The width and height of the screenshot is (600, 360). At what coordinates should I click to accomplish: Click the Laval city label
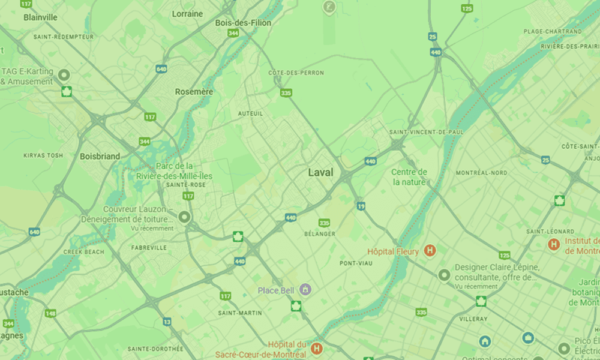coord(320,172)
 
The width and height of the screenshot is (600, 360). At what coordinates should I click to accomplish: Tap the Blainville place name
coord(41,17)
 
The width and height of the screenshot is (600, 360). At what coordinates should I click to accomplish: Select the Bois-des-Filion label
coord(243,23)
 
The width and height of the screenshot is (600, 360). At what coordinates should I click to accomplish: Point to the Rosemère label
coord(194,92)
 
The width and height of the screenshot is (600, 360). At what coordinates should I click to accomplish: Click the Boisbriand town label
coord(100,156)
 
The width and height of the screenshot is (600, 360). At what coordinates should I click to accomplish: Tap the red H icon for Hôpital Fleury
coord(430,251)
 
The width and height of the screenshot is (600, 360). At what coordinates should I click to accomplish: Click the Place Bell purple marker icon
coord(306,290)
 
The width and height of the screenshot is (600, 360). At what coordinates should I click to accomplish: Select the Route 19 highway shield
coord(361,206)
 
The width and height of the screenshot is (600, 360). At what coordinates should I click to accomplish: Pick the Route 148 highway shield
coord(50,313)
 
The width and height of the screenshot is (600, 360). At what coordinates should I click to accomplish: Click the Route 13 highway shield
coord(167,322)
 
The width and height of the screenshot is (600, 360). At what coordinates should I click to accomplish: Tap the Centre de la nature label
coord(409,177)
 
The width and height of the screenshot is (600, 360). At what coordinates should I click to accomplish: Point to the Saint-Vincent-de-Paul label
coord(427,131)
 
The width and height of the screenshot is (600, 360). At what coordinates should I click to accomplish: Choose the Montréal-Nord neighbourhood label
coord(481,173)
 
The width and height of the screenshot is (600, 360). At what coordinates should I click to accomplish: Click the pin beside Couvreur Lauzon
coord(185,217)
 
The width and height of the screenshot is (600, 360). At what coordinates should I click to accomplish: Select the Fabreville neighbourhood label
coord(149,247)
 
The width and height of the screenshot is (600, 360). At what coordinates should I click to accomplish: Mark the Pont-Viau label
coord(356,263)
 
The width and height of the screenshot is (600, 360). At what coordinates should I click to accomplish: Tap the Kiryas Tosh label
coord(43,155)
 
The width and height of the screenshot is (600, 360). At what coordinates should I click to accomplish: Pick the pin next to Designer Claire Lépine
coord(444,275)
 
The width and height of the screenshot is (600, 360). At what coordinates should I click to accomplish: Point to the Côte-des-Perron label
coord(296,73)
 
